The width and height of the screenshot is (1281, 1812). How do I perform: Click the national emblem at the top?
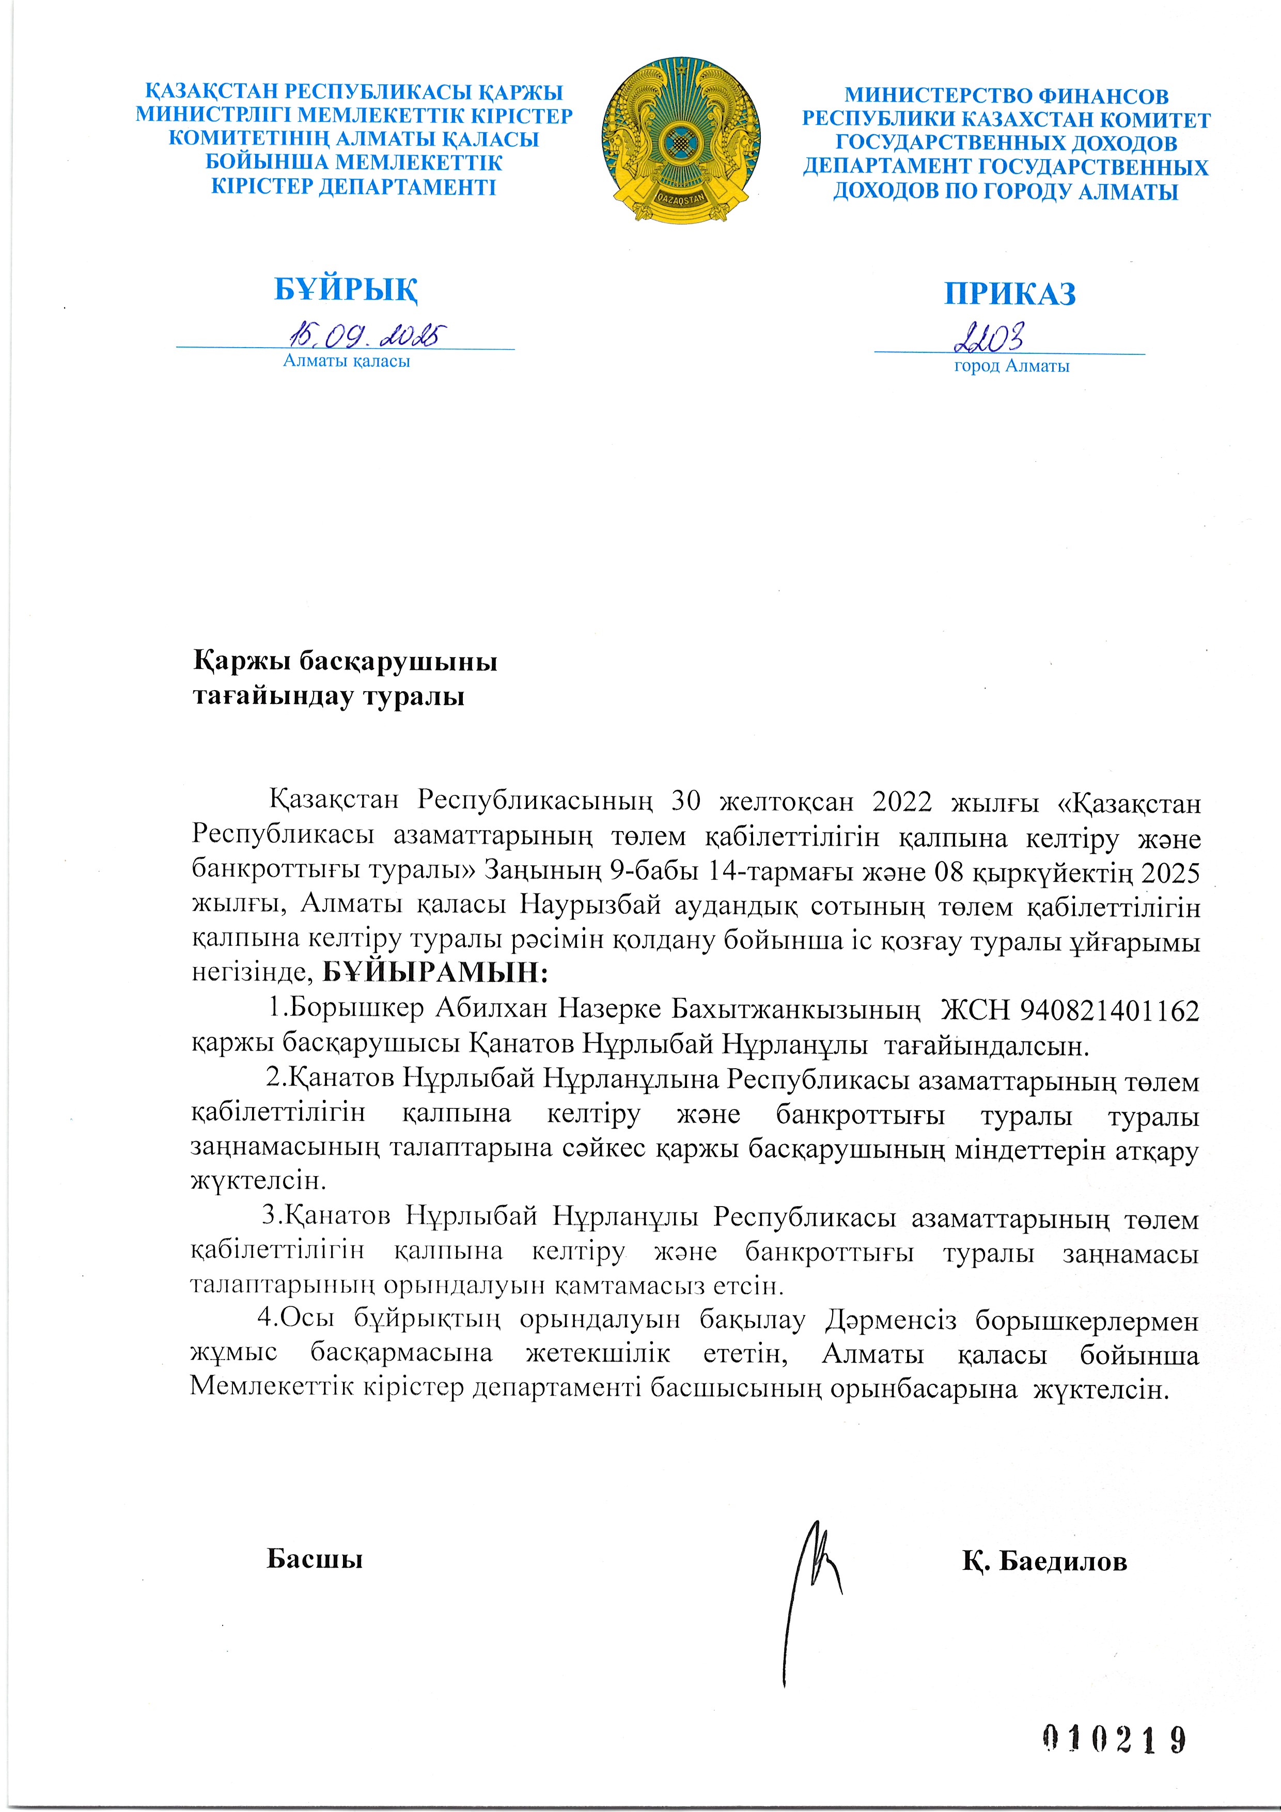pos(680,140)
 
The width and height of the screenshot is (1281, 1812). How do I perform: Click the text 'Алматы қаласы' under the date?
pos(347,362)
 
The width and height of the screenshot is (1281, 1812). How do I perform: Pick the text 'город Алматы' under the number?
pos(1011,366)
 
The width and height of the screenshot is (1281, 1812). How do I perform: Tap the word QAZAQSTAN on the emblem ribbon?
pos(680,199)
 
